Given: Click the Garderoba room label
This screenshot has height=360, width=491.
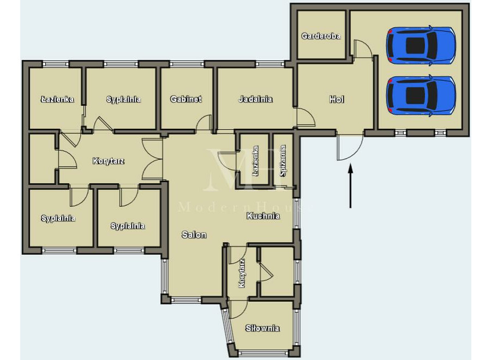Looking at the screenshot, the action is point(321,36).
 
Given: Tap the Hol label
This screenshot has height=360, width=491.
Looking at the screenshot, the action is point(337,100).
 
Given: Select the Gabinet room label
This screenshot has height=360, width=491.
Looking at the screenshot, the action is point(186,99).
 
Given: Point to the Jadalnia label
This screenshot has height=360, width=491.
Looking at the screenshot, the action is point(255,99).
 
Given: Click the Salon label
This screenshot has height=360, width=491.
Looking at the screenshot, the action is point(194,235).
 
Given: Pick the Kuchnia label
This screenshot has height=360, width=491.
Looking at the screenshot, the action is point(263,215).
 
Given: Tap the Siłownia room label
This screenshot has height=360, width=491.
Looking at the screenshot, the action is point(262,328).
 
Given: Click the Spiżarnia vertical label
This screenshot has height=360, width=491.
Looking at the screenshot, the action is point(283,160).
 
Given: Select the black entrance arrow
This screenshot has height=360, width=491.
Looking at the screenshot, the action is point(350,185).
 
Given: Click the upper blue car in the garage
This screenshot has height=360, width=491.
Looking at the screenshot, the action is point(421,46).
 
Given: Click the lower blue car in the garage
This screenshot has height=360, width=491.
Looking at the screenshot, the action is point(421,95).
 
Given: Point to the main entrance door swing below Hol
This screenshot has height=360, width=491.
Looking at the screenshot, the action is point(350,147).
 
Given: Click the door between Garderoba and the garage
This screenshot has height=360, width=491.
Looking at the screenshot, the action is point(363,49).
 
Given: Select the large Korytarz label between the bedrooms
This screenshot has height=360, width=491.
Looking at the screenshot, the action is point(109,161).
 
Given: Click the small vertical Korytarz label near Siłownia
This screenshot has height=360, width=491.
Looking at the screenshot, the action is point(242,273).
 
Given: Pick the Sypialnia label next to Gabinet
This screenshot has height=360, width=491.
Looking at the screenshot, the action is point(123,99).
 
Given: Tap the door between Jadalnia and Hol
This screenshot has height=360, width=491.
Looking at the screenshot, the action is point(306,117).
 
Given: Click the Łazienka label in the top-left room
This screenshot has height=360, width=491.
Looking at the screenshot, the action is point(57,99).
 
